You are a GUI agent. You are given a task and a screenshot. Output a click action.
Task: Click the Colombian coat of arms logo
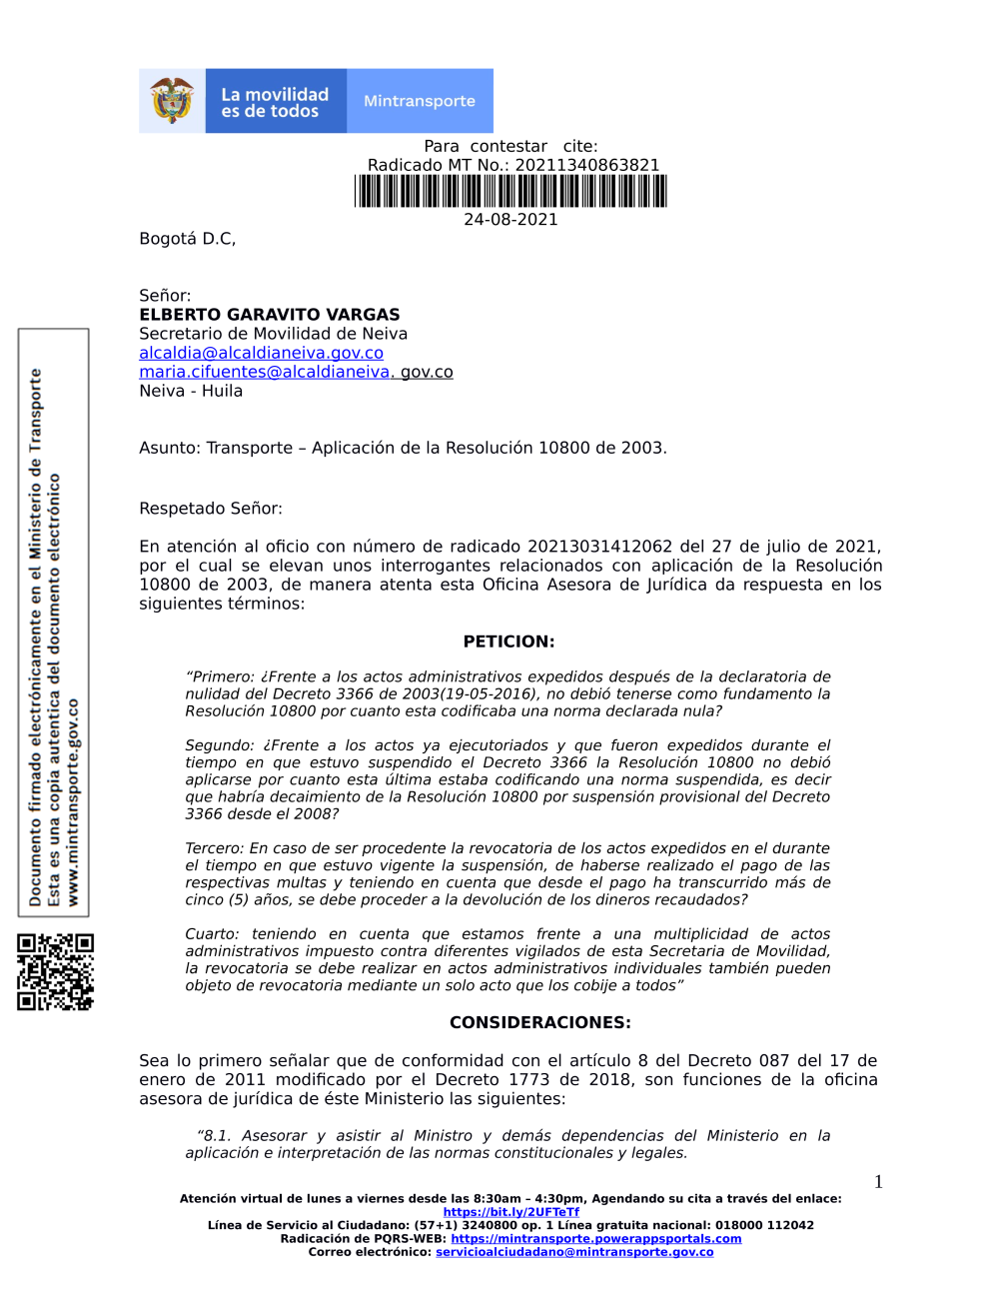coord(172,101)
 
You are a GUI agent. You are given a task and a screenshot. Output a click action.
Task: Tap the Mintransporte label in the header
coord(420,101)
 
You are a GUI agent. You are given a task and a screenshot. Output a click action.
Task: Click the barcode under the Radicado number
coord(510,191)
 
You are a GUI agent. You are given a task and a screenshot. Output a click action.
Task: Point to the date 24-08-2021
coord(510,220)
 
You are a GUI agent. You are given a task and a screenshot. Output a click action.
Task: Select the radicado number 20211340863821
coord(587,165)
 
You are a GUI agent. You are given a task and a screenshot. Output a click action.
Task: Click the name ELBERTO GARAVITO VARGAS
coord(270,315)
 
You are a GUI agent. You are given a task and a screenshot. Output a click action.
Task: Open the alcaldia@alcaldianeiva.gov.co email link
coord(261,353)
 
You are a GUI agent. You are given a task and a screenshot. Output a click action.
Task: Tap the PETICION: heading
coord(508,642)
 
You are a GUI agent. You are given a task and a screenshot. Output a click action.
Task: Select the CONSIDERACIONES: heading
coord(539,1022)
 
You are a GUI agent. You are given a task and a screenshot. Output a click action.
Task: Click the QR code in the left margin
coord(56,972)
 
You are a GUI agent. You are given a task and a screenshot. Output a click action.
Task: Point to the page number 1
coord(878,1182)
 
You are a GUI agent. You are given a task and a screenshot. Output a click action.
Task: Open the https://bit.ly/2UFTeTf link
coord(510,1212)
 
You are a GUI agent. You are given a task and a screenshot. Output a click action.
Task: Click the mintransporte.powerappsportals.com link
coord(595,1239)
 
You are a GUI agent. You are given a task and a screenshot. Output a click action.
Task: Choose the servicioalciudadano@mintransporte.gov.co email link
coord(574,1252)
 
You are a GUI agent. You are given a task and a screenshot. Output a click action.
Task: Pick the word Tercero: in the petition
coord(215,848)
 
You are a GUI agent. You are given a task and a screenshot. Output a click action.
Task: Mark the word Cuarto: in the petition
coord(212,934)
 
